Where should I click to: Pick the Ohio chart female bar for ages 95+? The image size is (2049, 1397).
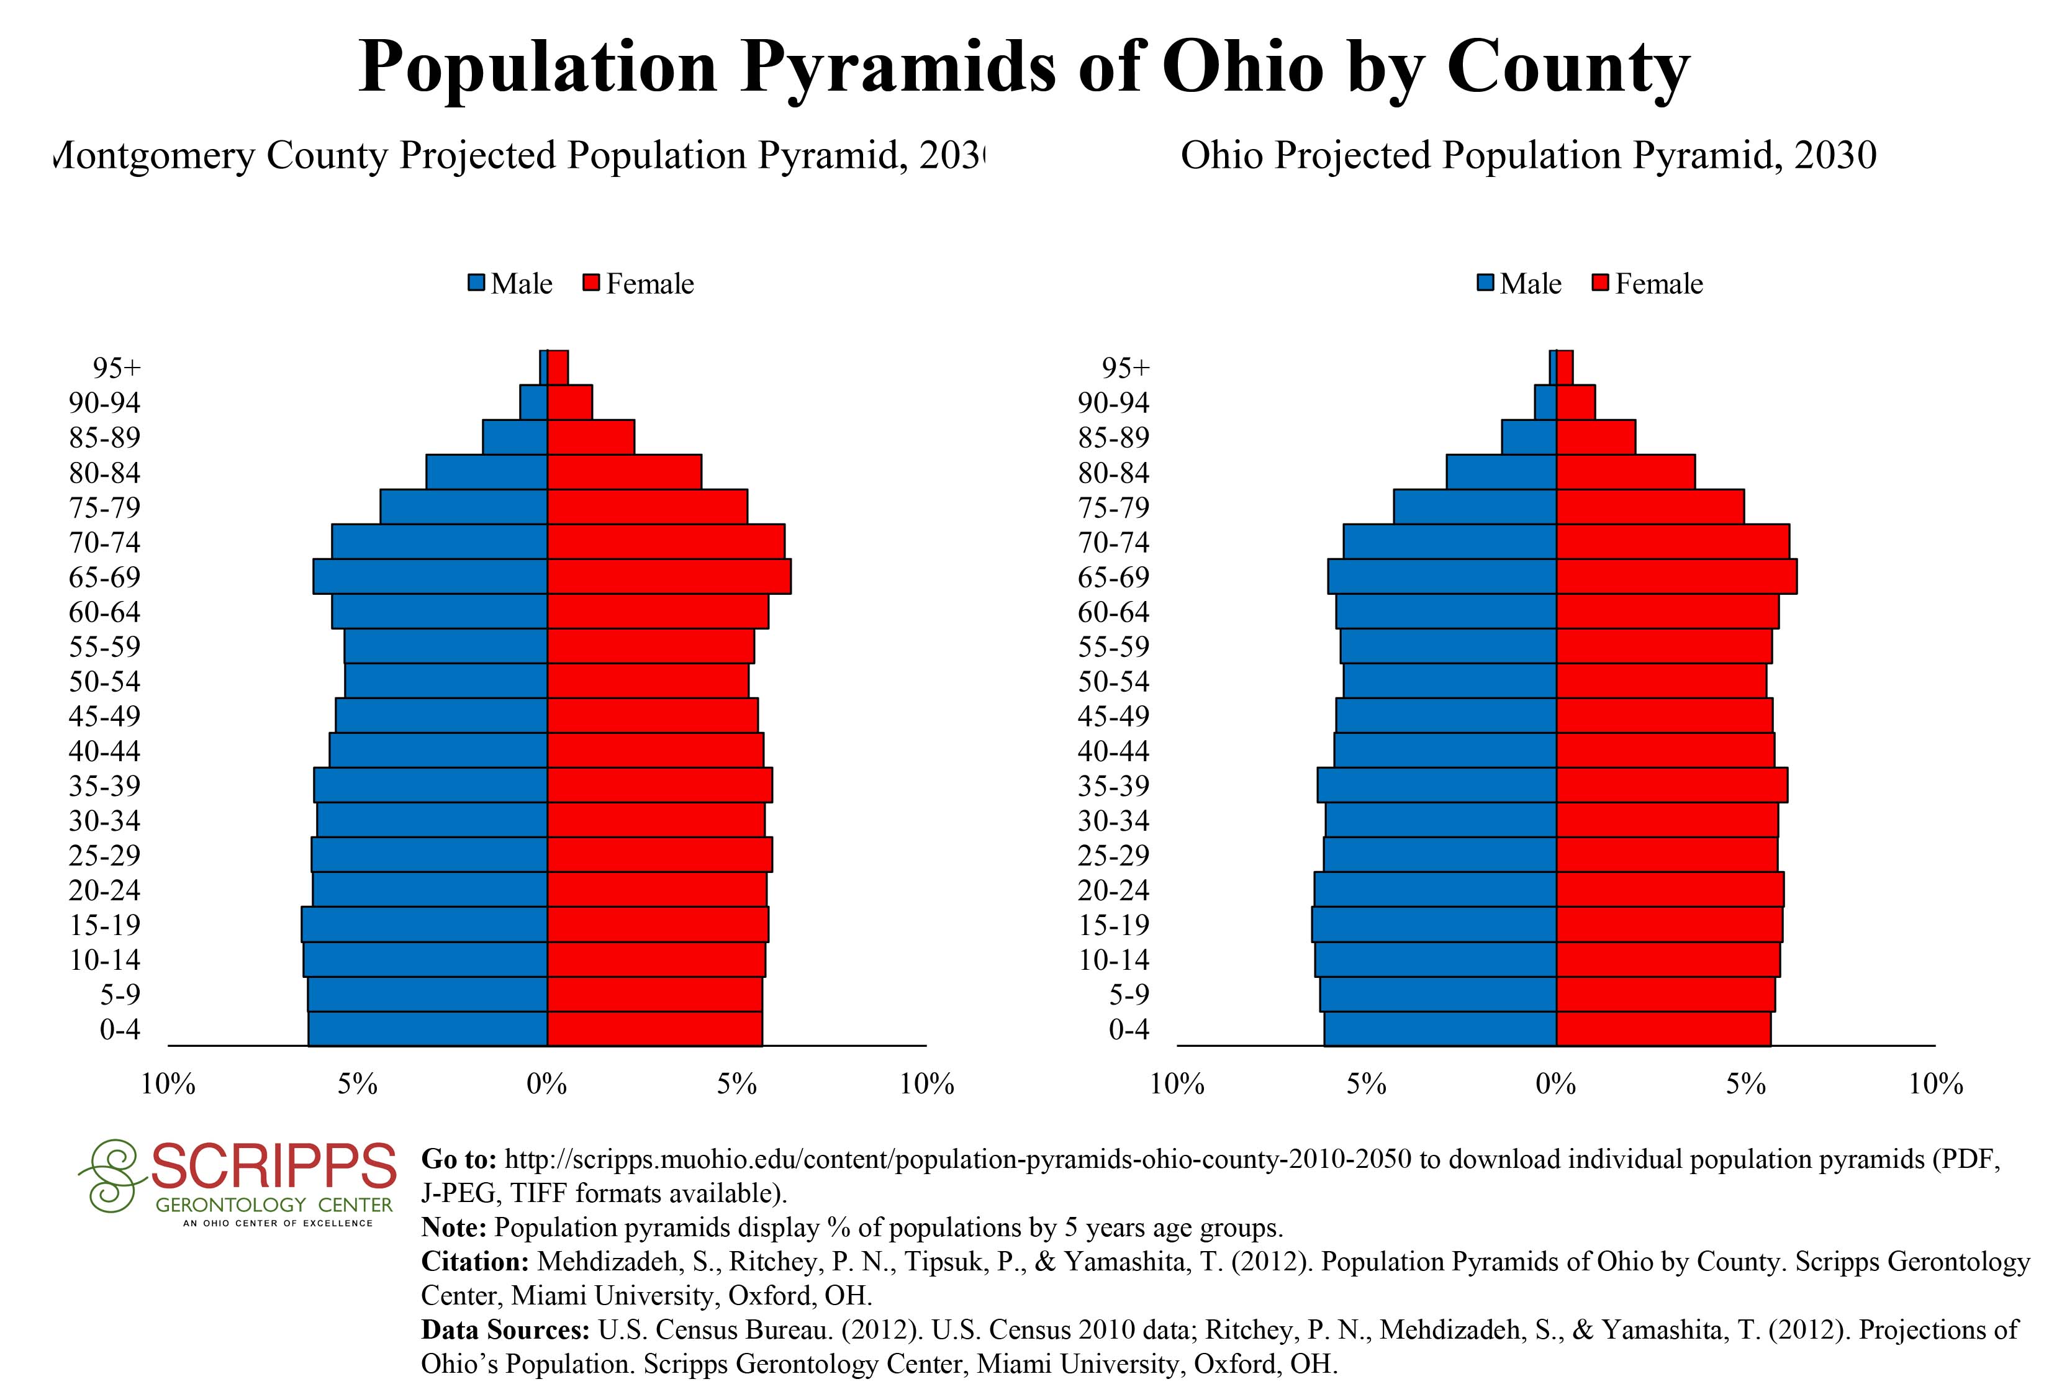(x=1565, y=368)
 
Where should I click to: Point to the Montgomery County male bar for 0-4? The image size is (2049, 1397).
(x=428, y=1029)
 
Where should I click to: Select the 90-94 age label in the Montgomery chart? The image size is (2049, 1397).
(x=104, y=403)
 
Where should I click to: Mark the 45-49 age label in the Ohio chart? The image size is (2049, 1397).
(x=1113, y=716)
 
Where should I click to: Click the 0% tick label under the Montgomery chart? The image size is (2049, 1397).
(x=546, y=1084)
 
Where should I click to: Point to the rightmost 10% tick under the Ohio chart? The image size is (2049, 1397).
(x=1935, y=1084)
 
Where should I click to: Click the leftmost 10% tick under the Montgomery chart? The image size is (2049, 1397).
(x=168, y=1084)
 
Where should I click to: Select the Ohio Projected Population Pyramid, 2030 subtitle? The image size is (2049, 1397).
(x=1528, y=156)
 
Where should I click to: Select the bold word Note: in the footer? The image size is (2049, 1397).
(x=453, y=1227)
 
